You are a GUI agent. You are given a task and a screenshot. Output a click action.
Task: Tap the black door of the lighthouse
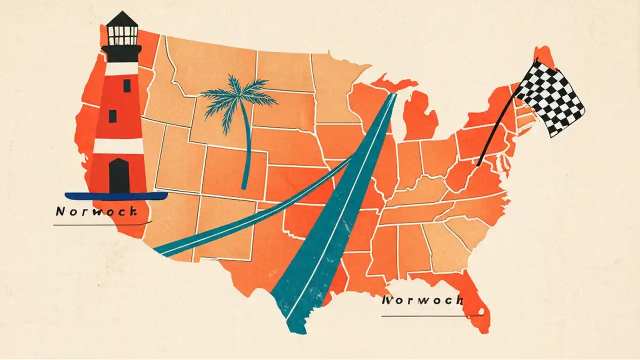(119, 175)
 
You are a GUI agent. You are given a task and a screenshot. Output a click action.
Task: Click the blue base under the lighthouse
(116, 196)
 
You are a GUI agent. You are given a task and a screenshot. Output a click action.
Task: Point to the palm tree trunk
(246, 150)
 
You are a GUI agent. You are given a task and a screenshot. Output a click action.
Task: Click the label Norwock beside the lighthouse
(96, 211)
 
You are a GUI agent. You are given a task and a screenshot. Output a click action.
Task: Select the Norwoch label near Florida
(422, 300)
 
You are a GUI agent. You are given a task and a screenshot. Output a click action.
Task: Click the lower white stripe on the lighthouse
(119, 146)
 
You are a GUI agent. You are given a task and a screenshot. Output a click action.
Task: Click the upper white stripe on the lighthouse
(119, 68)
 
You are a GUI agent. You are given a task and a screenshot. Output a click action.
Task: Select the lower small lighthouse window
(112, 116)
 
